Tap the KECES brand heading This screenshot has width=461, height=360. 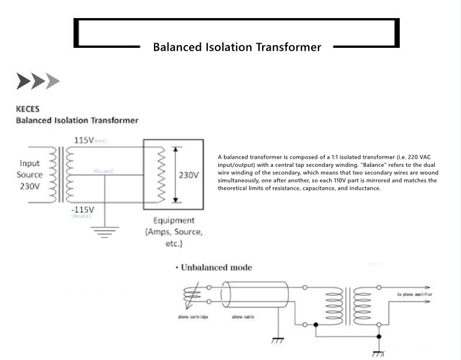pos(27,109)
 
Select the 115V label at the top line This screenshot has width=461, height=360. pos(84,141)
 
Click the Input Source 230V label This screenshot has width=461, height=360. pos(29,174)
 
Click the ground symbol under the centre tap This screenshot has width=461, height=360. pos(106,232)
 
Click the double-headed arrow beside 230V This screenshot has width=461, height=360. pos(174,174)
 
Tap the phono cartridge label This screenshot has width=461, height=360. pos(193,317)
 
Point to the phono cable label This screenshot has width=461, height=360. pos(243,317)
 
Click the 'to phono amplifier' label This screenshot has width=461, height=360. pos(414,294)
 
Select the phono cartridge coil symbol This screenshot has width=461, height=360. pos(193,295)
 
